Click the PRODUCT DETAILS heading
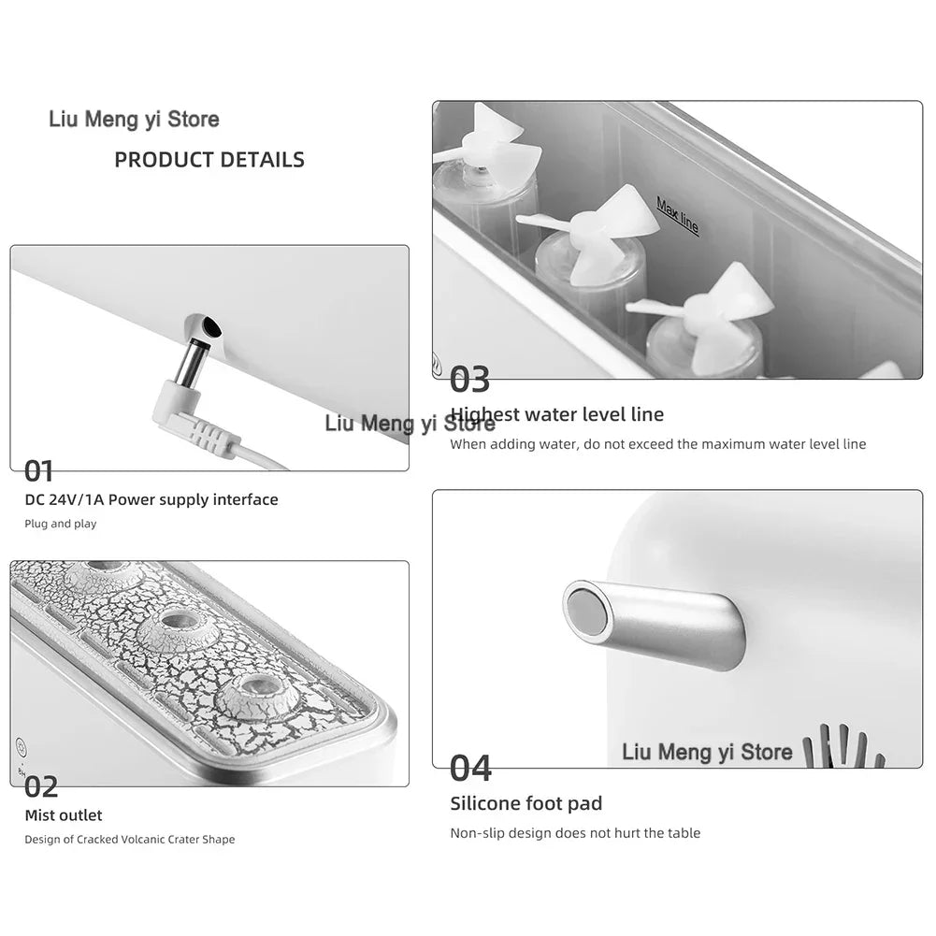coord(209,160)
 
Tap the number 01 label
coord(38,471)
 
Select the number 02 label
coord(41,786)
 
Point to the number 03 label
coord(469,379)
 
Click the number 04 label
coord(470,769)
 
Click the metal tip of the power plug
coord(191,363)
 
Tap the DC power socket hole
coord(210,326)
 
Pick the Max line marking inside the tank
coord(678,215)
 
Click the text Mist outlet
coord(64,815)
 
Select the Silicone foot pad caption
coord(526,803)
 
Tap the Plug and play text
coord(60,524)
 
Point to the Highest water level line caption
coord(557,414)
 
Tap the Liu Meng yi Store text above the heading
coord(134,120)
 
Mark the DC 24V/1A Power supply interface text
coord(151,499)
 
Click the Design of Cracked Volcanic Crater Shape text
coord(130,840)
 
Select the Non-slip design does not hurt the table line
coord(575,833)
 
